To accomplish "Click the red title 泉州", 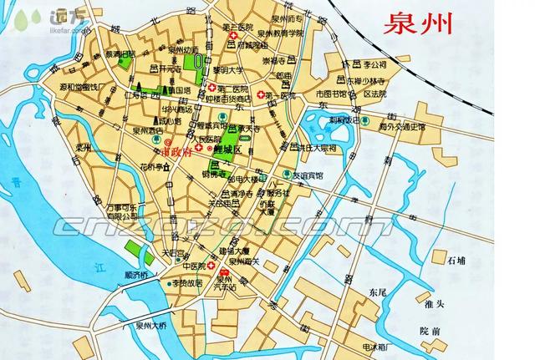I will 418,23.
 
